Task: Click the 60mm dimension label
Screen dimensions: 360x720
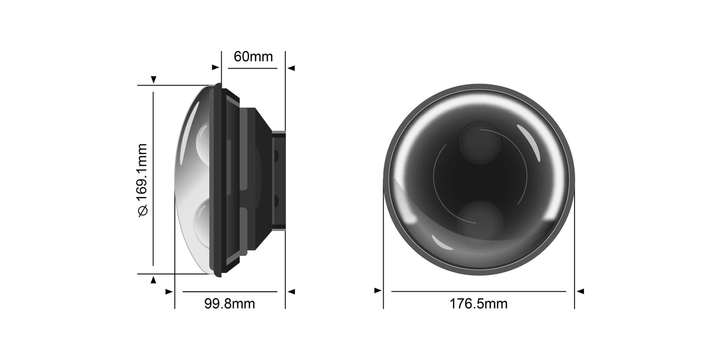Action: coord(253,57)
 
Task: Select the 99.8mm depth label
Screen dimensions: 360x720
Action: coord(229,303)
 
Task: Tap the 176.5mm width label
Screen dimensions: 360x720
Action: coord(478,303)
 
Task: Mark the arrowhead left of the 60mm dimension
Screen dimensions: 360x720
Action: coord(215,67)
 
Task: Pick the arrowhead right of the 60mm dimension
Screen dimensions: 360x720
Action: coord(291,68)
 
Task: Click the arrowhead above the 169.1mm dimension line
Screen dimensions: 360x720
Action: coord(153,80)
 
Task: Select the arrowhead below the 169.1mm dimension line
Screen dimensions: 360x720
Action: coord(153,280)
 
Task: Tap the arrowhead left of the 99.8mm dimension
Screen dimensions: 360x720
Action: coord(169,291)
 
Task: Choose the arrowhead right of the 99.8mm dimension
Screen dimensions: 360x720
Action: coord(291,291)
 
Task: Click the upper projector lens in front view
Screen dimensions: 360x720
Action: coord(479,143)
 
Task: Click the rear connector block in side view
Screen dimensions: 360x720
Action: coord(279,180)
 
